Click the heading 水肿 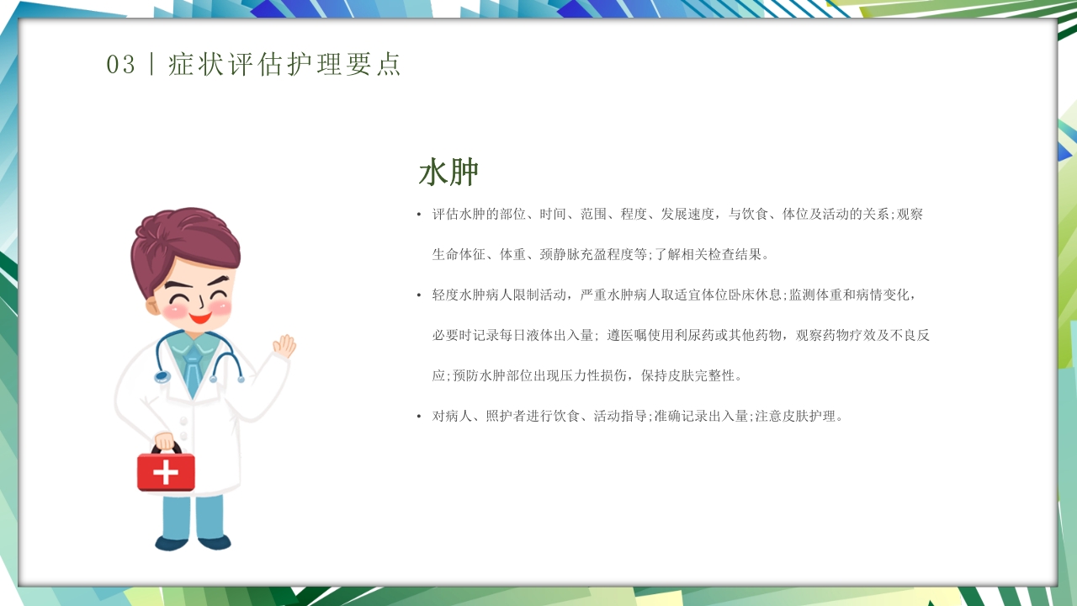(x=448, y=173)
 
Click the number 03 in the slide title (x=121, y=65)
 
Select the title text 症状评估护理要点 (x=285, y=65)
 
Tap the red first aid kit (x=166, y=470)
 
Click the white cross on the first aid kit (x=166, y=472)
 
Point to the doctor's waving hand (x=284, y=345)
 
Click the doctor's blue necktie (x=194, y=369)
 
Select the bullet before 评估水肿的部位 (x=419, y=215)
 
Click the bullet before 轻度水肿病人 (x=419, y=295)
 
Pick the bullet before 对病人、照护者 (x=419, y=417)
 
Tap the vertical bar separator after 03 (x=151, y=65)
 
